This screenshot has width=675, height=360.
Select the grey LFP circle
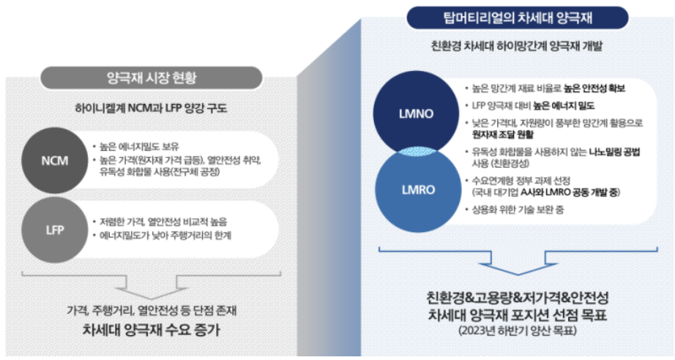click(56, 228)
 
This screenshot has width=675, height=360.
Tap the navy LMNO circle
click(415, 116)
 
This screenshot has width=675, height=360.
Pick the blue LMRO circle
click(415, 188)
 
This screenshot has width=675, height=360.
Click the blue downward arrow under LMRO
click(517, 263)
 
